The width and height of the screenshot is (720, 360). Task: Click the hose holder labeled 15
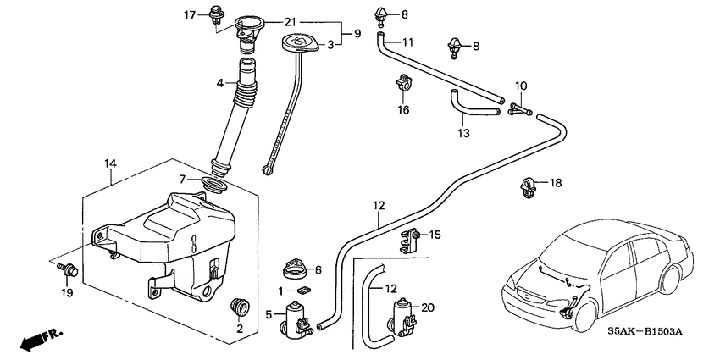pos(413,239)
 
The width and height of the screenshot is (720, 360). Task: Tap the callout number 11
pos(407,42)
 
